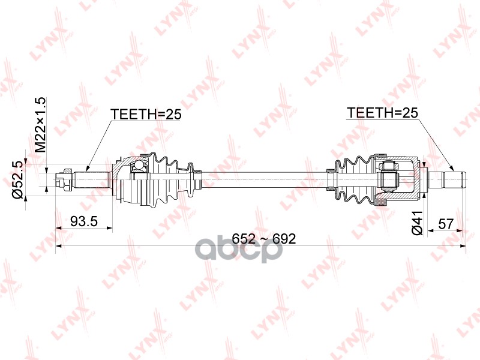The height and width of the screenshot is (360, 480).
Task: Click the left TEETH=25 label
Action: click(x=146, y=114)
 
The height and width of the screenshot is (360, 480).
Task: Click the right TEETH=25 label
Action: click(x=382, y=113)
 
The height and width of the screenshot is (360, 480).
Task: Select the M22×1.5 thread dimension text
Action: click(x=40, y=125)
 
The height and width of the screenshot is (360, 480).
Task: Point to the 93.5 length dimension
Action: click(x=84, y=221)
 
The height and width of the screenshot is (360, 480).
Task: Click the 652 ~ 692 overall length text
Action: click(x=264, y=238)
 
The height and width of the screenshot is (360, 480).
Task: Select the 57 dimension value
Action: click(x=445, y=224)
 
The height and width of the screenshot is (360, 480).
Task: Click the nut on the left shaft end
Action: click(x=67, y=178)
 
